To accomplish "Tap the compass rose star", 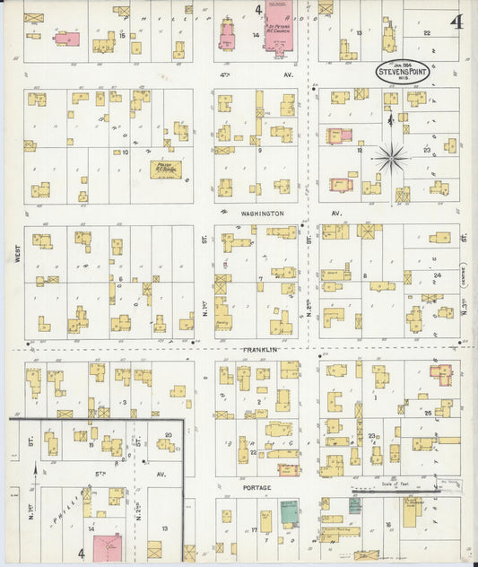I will click(x=391, y=159).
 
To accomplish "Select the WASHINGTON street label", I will click(x=262, y=214).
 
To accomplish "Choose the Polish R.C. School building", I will click(x=166, y=169).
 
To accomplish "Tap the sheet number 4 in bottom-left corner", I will click(x=81, y=554).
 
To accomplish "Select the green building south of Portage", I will click(x=288, y=512).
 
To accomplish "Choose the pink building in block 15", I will click(x=65, y=39).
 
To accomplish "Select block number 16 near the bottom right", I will click(x=388, y=526).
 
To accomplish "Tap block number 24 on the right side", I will click(x=437, y=275).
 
